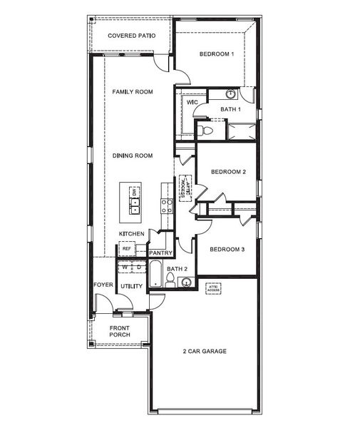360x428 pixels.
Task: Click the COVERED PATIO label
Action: (x=131, y=36)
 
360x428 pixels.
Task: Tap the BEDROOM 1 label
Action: (x=217, y=55)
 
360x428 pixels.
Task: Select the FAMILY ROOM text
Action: (x=133, y=92)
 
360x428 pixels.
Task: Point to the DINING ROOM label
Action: (x=133, y=156)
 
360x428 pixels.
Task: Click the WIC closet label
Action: (x=192, y=103)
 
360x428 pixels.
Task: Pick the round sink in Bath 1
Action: (x=231, y=94)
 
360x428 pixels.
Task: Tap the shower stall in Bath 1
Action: (x=242, y=131)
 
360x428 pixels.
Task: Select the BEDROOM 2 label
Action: (x=228, y=172)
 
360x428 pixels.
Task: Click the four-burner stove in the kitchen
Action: (x=167, y=206)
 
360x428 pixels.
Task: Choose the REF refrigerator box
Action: (x=127, y=249)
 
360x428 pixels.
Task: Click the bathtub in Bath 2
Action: (x=155, y=275)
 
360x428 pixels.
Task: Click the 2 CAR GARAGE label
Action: (x=205, y=352)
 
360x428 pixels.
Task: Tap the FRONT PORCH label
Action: (x=119, y=332)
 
